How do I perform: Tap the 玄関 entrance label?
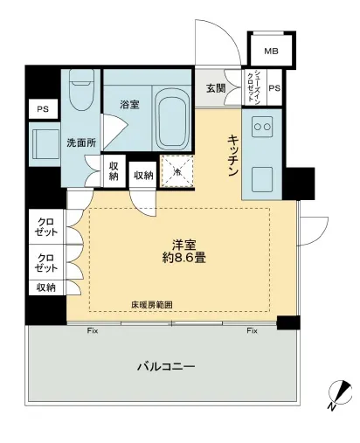216,88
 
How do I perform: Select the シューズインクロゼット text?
254,87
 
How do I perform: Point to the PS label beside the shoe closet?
274,88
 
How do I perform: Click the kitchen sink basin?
262,179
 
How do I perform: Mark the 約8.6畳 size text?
182,259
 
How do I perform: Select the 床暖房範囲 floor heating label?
152,305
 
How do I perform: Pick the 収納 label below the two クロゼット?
45,287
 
